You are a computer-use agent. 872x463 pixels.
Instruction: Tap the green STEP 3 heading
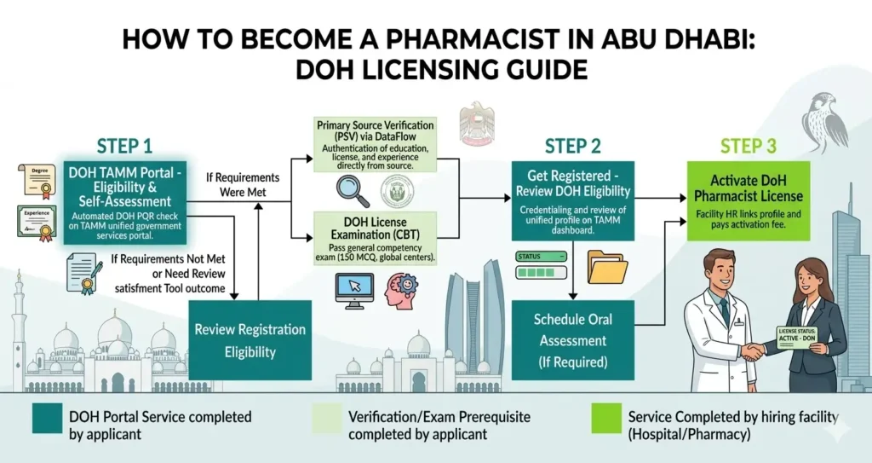pos(748,146)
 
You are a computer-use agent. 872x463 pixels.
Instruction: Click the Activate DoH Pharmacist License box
pos(748,201)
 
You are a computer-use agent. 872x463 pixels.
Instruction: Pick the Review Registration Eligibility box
pos(250,339)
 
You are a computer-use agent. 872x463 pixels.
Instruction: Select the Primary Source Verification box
pos(375,145)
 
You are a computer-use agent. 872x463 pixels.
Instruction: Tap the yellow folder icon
pos(605,267)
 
